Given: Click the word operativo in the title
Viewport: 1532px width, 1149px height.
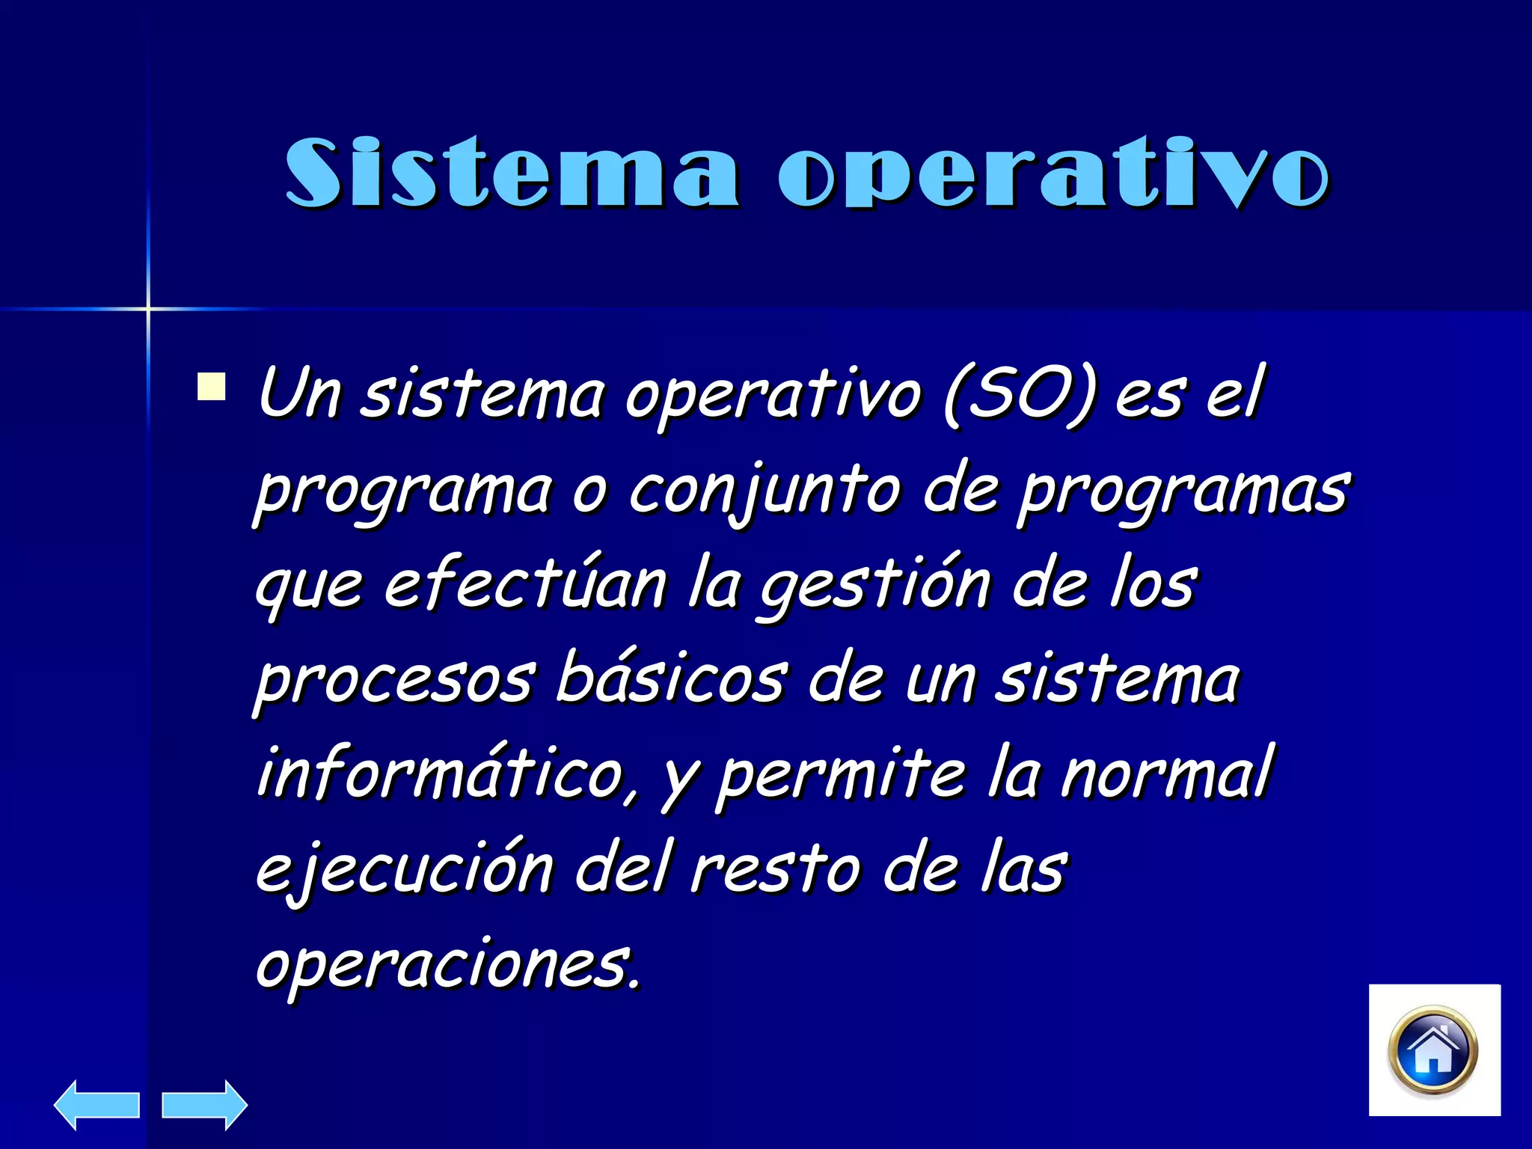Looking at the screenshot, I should pos(1053,173).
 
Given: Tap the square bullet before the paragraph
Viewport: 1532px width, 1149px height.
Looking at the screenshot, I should pos(211,387).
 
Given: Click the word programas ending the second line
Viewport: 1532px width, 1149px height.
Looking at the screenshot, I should pos(1183,492).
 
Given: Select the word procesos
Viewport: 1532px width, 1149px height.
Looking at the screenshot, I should pos(395,681).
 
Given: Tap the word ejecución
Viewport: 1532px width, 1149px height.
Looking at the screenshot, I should pos(404,869).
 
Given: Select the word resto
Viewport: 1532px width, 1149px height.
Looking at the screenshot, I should pos(775,869).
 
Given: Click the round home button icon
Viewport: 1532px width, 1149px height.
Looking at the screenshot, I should pos(1433,1051).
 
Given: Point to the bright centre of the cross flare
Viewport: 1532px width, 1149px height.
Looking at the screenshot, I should pos(148,308).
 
